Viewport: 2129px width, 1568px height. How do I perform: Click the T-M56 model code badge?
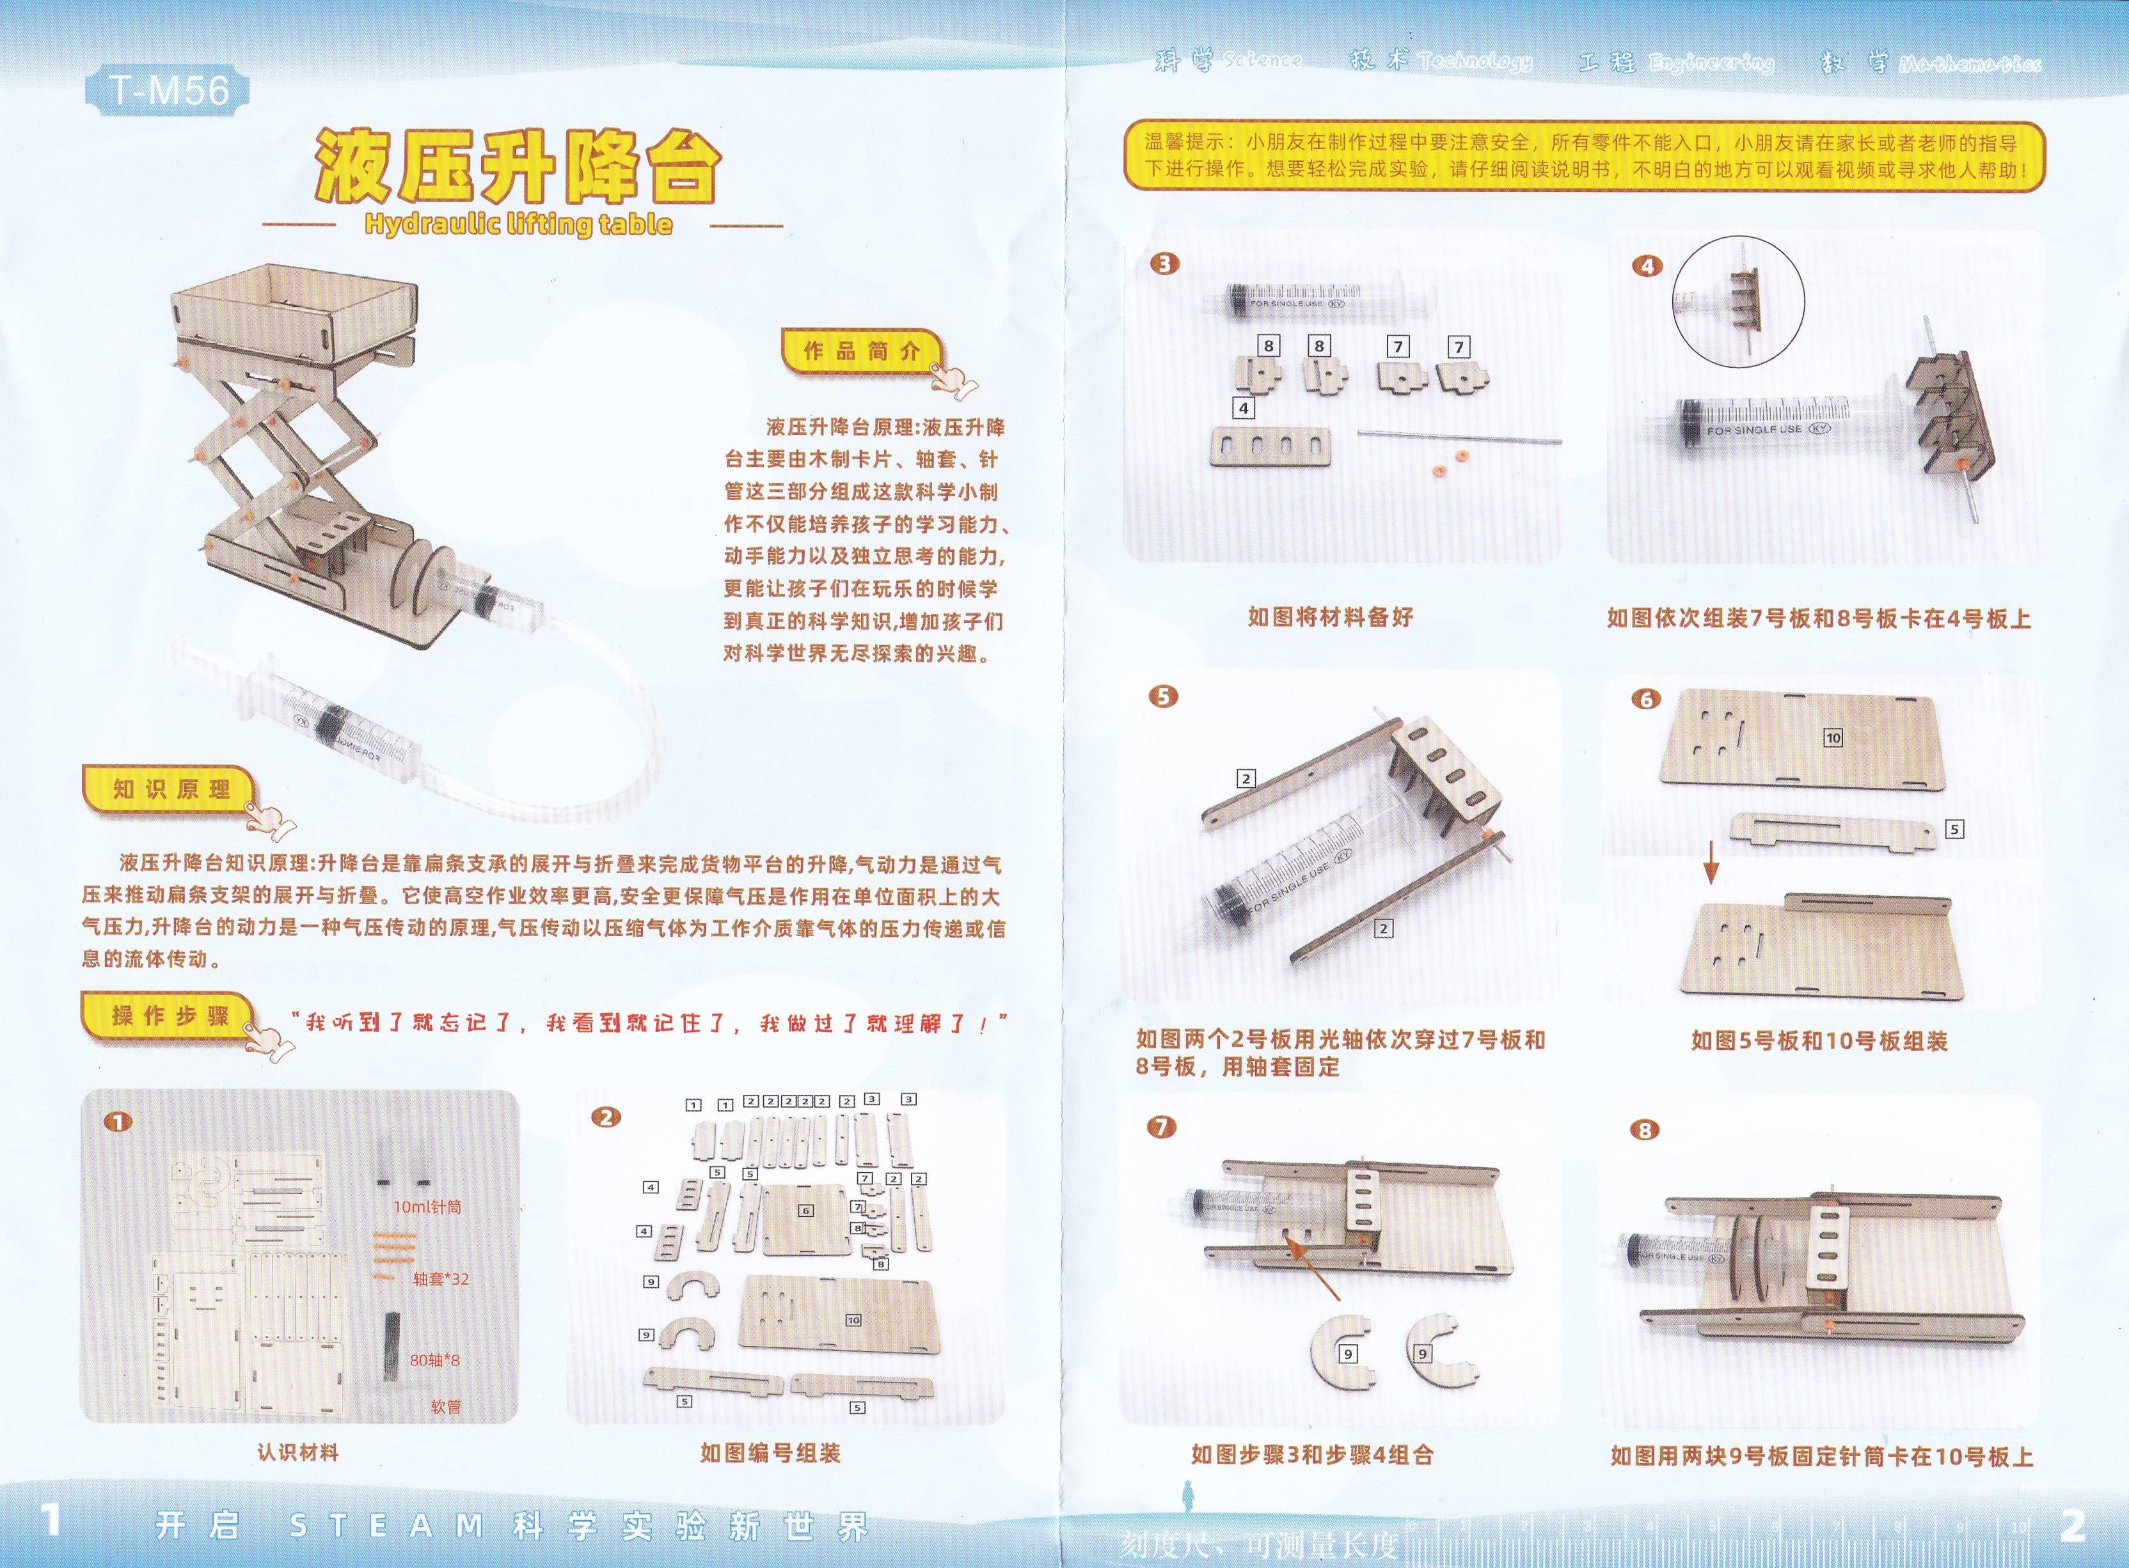(x=169, y=91)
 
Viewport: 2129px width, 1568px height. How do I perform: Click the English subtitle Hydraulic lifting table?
(x=518, y=225)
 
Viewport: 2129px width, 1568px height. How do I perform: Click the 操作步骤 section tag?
(x=170, y=1015)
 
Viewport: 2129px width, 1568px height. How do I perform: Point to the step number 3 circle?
(x=1164, y=264)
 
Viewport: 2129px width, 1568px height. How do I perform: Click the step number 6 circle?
(x=1645, y=700)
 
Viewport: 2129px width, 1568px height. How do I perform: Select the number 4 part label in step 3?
(x=1243, y=408)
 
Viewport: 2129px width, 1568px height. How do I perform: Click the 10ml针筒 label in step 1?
(x=427, y=1207)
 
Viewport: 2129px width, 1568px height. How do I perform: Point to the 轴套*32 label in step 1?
(x=441, y=1278)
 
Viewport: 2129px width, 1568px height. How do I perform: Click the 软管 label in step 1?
(x=445, y=1407)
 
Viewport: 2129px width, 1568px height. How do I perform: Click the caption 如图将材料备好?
(x=1331, y=617)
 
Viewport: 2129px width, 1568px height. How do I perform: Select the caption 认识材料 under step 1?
(x=297, y=1452)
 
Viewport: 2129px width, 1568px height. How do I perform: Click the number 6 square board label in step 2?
(x=806, y=1210)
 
